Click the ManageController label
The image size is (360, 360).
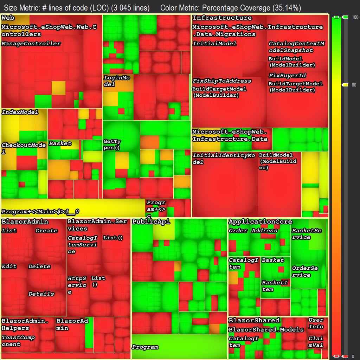(x=31, y=44)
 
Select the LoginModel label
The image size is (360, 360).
(x=116, y=81)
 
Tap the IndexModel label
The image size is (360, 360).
(x=20, y=112)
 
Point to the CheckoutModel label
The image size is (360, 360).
(x=23, y=148)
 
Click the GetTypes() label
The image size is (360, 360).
(x=112, y=144)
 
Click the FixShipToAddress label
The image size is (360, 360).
(x=222, y=81)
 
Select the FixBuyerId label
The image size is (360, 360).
(x=287, y=76)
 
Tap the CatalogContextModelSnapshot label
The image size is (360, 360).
(x=296, y=47)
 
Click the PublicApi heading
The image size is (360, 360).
(x=151, y=221)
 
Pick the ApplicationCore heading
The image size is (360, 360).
(x=260, y=221)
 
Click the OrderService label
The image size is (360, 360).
(x=305, y=271)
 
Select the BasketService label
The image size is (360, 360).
(x=306, y=234)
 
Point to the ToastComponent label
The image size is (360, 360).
(x=18, y=341)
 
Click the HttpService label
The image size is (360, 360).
(x=77, y=285)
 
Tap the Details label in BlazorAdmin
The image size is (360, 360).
(x=41, y=294)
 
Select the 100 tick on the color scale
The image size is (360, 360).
(x=355, y=17)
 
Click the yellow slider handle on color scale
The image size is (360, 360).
(x=345, y=85)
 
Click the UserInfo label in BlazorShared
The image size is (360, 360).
(x=316, y=323)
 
